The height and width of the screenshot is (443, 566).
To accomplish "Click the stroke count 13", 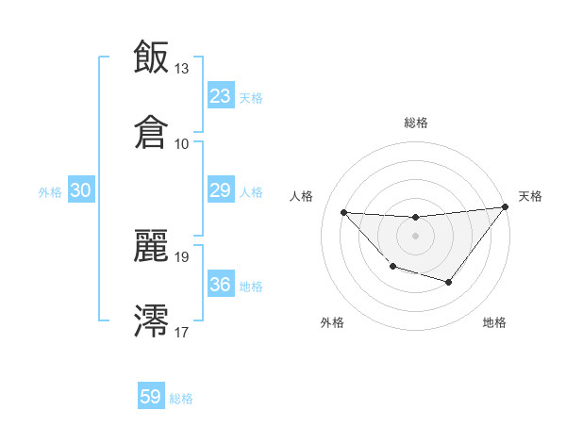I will (182, 69).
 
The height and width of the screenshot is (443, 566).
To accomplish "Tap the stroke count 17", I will (182, 332).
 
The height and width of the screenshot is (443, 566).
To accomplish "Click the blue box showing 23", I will (220, 96).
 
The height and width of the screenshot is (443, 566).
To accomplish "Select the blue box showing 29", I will (220, 191).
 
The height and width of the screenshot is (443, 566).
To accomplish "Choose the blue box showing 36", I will (220, 285).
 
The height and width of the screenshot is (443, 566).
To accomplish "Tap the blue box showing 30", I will (81, 191).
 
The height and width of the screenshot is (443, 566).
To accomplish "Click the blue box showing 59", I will (150, 397).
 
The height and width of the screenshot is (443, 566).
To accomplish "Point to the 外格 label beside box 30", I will (50, 192).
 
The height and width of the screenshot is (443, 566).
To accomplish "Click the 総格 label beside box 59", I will (181, 399).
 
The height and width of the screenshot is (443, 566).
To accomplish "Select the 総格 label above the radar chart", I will (416, 123).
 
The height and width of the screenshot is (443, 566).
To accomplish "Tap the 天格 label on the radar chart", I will (530, 196).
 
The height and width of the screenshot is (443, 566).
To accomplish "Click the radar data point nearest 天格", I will (505, 207).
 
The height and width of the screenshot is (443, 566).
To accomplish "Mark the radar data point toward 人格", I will (343, 212).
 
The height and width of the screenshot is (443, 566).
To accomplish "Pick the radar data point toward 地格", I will (449, 282).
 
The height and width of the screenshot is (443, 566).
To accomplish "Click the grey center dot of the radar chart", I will (415, 236).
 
